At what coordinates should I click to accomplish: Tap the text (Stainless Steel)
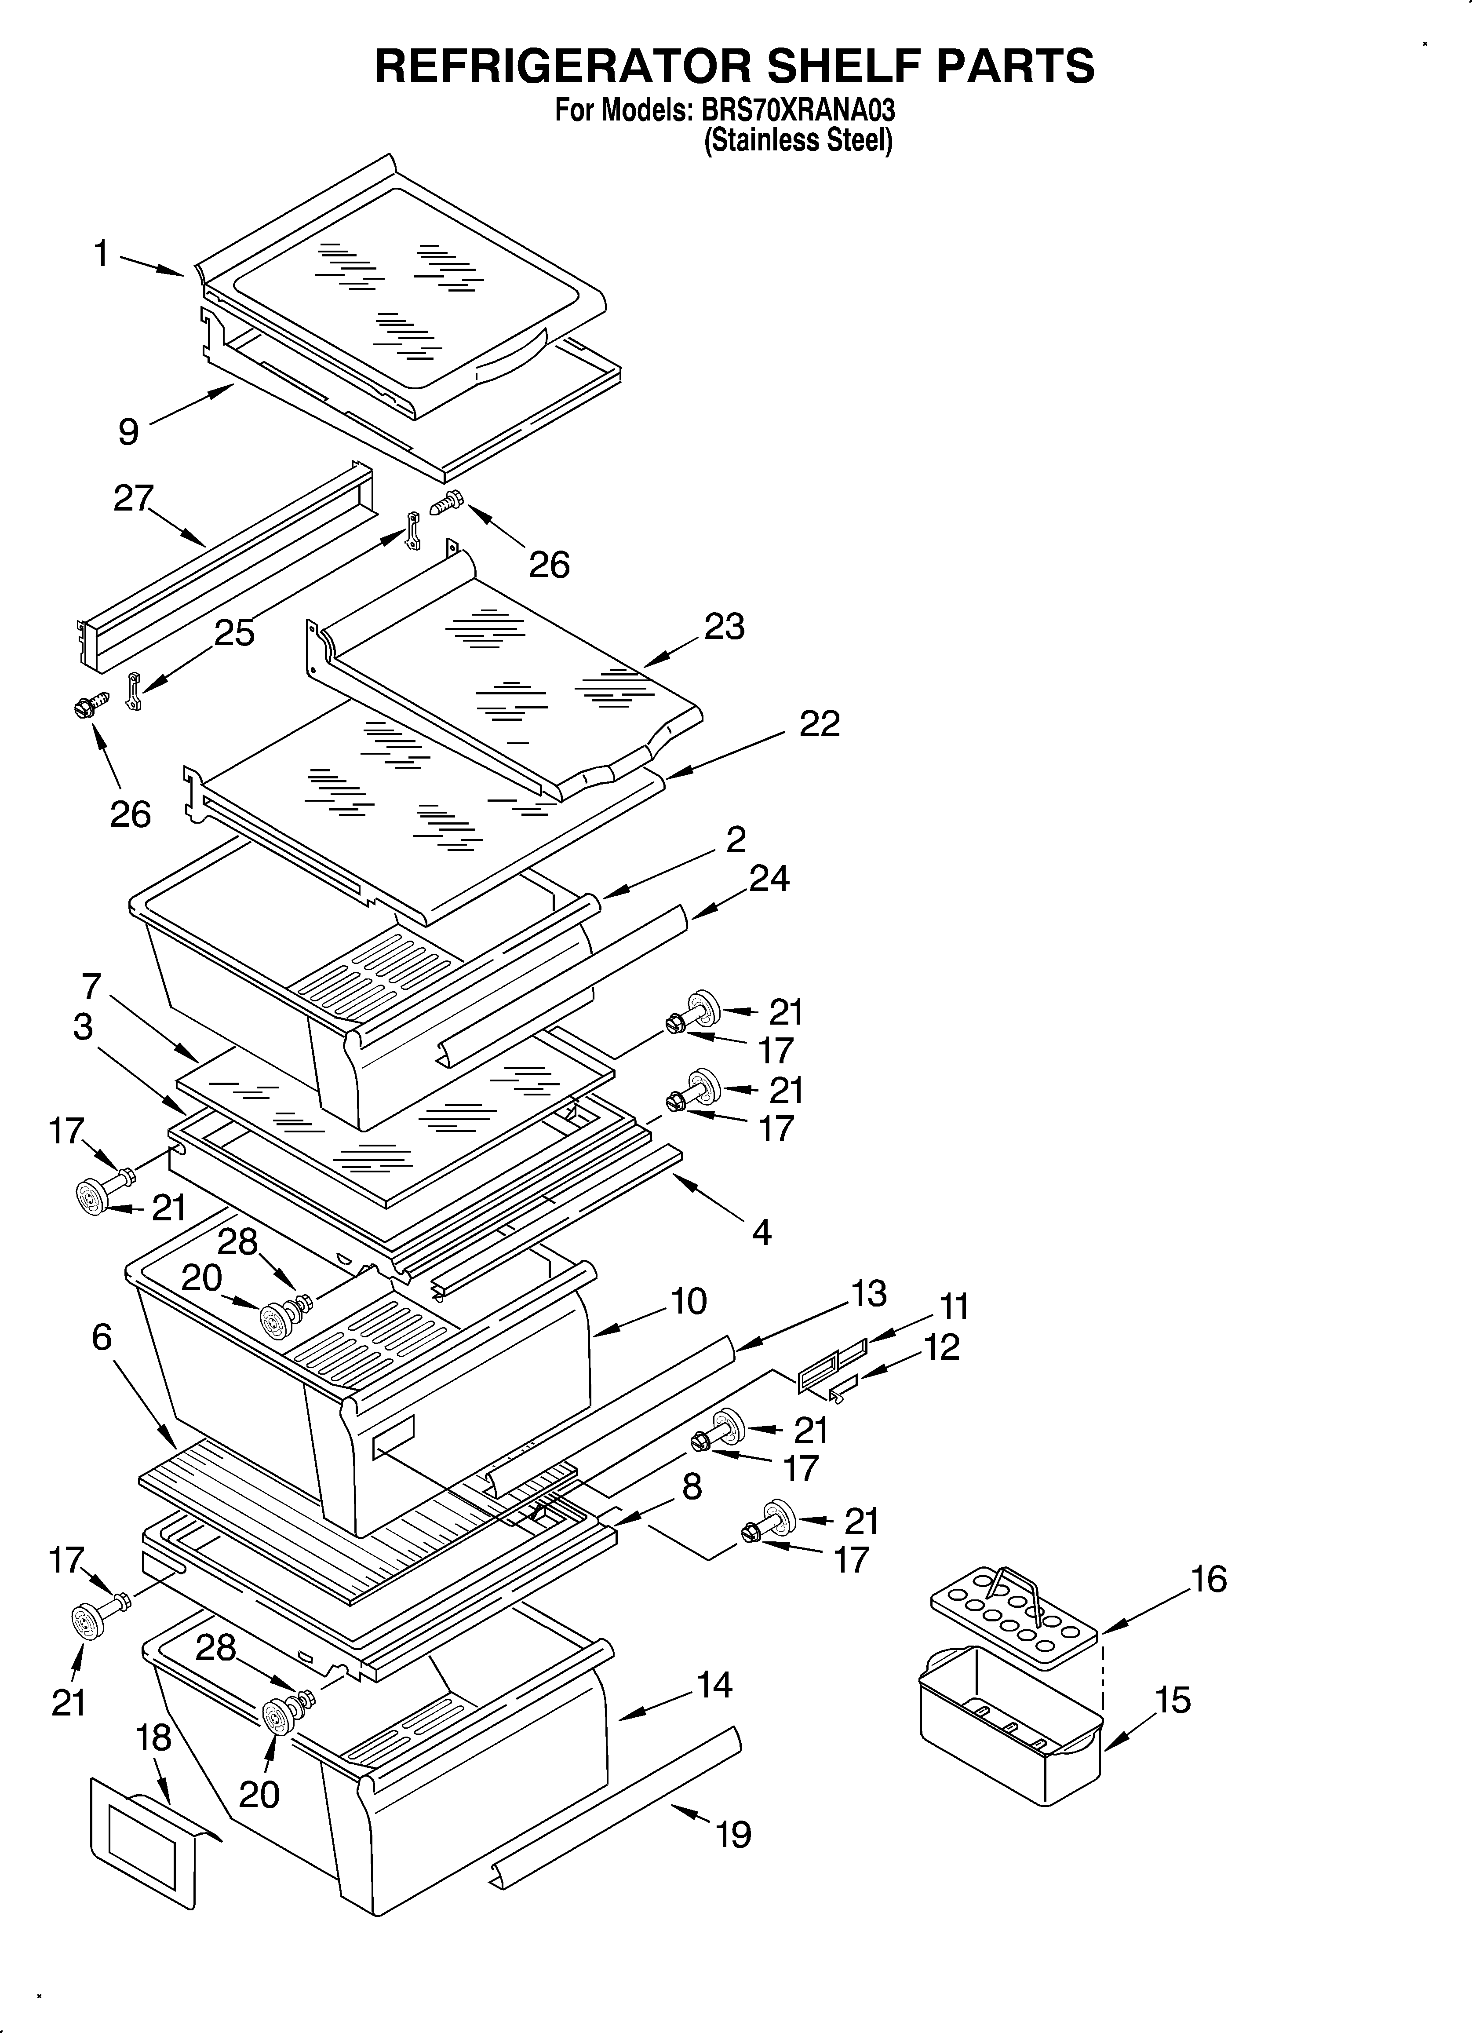click(798, 141)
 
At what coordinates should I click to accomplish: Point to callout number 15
click(1173, 1700)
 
